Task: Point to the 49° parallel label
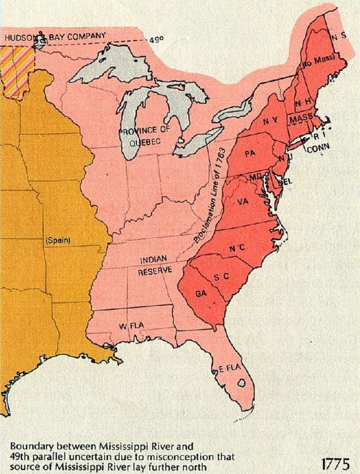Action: coord(157,40)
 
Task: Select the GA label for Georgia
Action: coord(200,294)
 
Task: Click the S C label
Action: coord(220,277)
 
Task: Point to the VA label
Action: coord(243,202)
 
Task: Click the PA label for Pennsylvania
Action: coord(250,154)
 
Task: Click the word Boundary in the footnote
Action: coord(31,445)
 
